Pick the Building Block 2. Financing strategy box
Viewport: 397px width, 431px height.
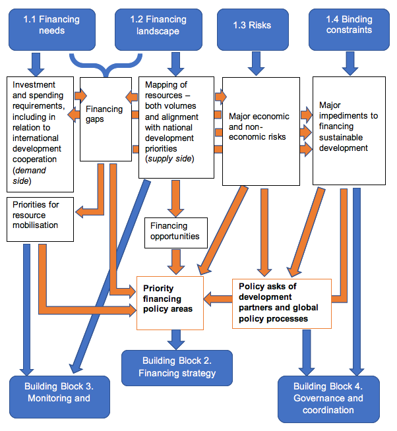177,367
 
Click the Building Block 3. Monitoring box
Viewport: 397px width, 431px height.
59,395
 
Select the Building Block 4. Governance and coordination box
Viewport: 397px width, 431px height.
328,397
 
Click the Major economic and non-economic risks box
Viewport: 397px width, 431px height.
259,130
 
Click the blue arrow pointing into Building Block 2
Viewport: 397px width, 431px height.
176,339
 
